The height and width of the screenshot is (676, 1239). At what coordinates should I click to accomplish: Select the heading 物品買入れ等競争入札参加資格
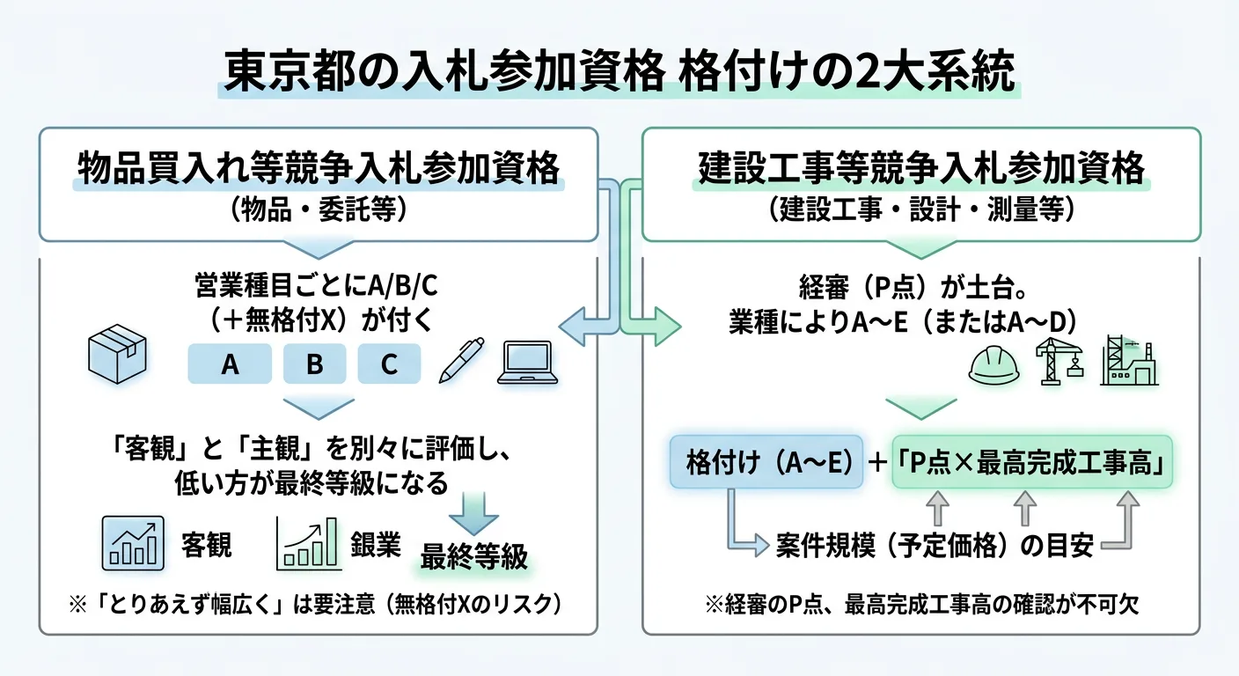318,167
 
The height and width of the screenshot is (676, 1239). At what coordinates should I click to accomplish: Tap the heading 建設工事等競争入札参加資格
921,167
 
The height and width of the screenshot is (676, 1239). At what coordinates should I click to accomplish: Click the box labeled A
230,364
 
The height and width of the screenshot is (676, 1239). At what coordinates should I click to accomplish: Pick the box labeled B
314,364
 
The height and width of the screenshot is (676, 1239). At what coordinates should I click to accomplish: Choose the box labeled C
389,364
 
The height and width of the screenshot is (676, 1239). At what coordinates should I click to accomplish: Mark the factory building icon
1128,360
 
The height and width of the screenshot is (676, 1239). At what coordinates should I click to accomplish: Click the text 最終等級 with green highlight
473,557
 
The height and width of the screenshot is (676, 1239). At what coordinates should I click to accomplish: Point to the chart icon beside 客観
133,542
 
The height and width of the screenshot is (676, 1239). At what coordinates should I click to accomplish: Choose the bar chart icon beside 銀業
308,542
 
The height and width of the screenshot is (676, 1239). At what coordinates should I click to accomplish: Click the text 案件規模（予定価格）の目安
935,547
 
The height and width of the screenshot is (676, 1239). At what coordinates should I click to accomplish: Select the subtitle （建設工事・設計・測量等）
920,209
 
